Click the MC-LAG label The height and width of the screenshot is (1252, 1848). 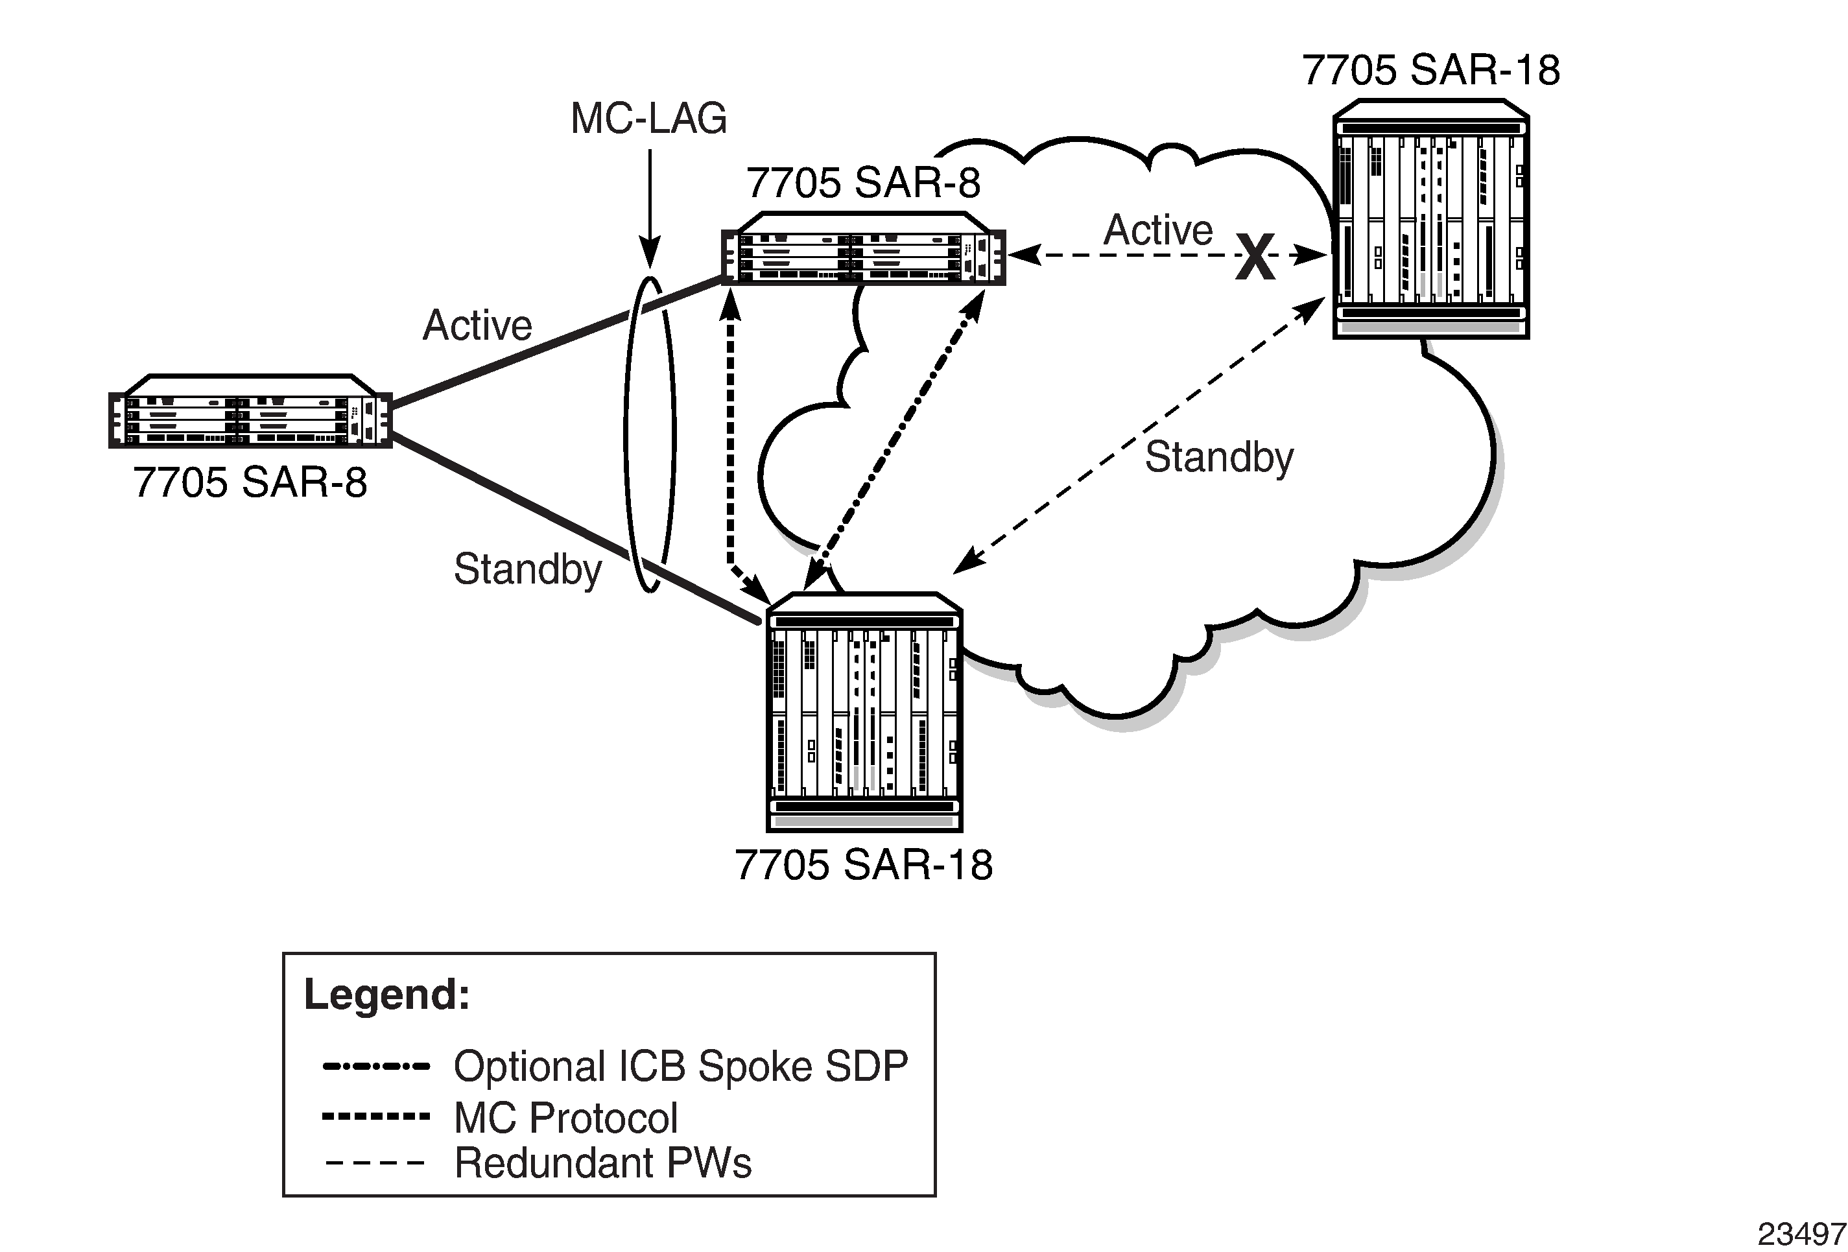pos(648,119)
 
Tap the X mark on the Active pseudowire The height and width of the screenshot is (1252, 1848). pos(1255,257)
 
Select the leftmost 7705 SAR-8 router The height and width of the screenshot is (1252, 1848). pos(250,411)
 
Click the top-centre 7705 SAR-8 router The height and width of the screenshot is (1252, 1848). pos(863,248)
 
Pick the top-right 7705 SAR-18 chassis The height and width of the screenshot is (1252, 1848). pos(1430,219)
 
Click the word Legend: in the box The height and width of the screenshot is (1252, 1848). pos(387,994)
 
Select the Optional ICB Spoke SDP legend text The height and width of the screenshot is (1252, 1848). pos(681,1066)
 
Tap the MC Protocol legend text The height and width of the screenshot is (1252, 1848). pos(565,1118)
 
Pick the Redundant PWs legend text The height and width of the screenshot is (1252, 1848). pos(602,1163)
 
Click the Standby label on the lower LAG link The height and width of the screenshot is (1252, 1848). pos(527,569)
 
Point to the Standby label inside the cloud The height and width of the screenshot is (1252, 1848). pos(1218,457)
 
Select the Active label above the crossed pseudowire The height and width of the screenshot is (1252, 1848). pos(1158,231)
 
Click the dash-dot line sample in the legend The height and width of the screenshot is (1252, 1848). pos(376,1066)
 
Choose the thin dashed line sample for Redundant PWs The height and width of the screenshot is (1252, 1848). pos(376,1164)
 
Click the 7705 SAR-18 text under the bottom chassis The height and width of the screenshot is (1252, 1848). pos(863,865)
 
